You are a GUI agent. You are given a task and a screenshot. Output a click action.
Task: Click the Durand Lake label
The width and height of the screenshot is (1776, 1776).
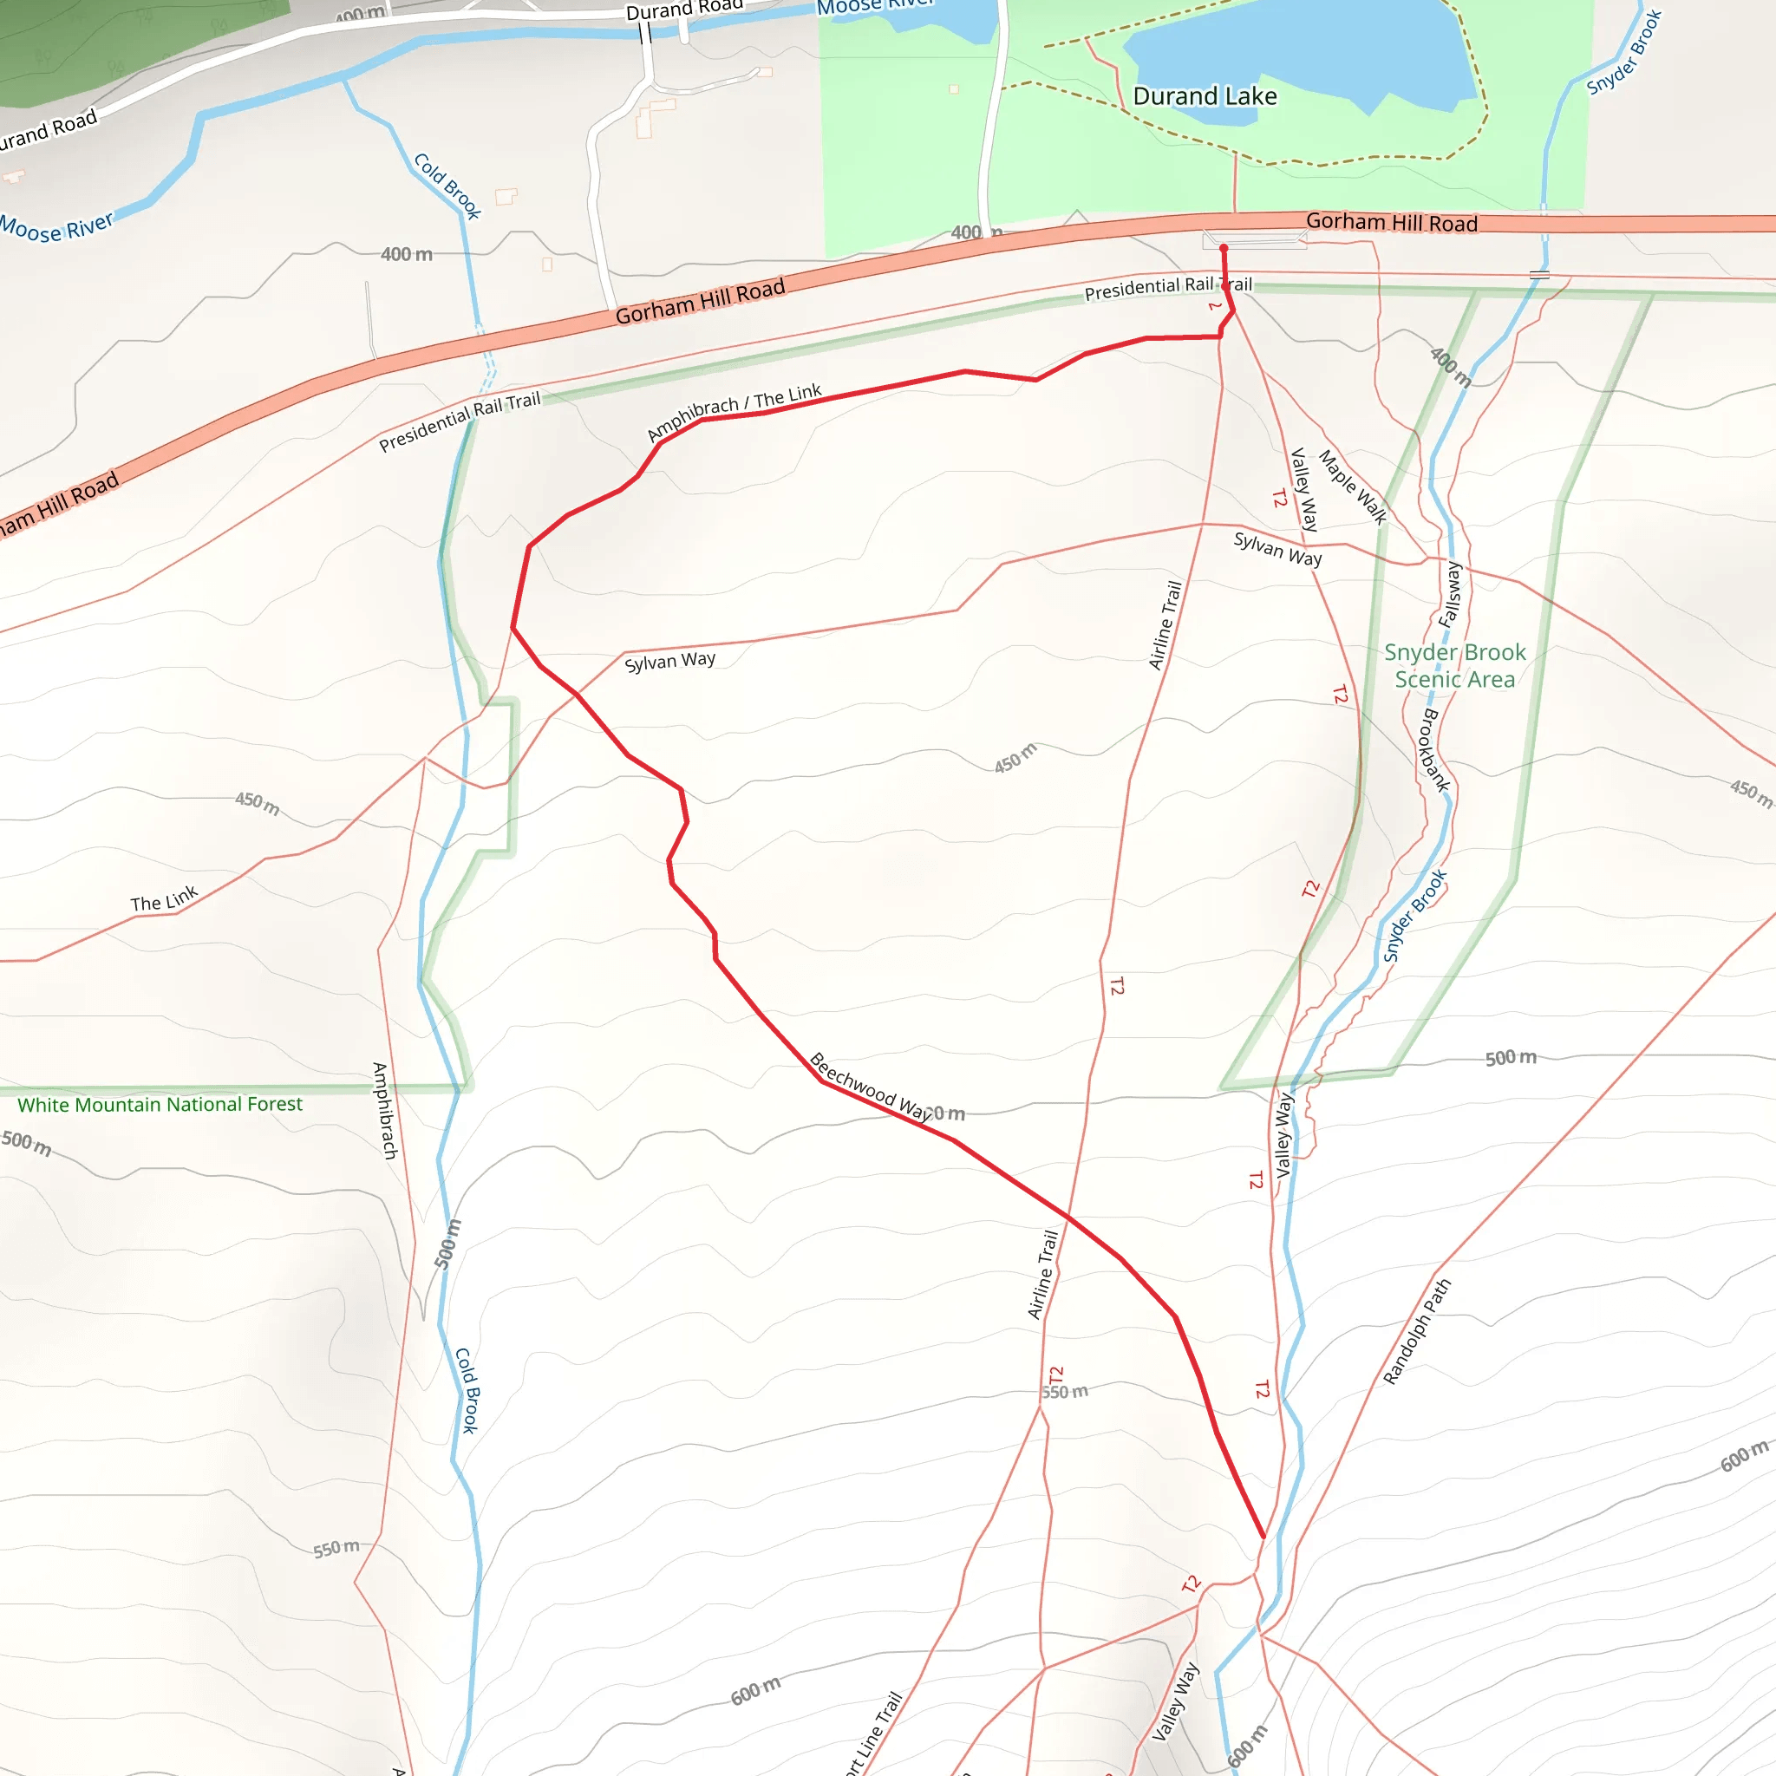pyautogui.click(x=1205, y=96)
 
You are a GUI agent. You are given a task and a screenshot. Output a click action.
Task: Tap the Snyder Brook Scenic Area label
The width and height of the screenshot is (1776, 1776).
pyautogui.click(x=1454, y=665)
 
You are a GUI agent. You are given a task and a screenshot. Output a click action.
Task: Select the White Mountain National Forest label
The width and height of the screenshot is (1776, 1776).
pyautogui.click(x=160, y=1104)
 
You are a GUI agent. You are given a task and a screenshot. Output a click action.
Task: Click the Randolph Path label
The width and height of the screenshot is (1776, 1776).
pyautogui.click(x=1417, y=1331)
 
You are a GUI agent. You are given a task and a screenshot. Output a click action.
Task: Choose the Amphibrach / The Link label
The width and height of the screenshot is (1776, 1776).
pyautogui.click(x=734, y=411)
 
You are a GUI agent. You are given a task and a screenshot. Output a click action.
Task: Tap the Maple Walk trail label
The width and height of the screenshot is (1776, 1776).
pyautogui.click(x=1352, y=486)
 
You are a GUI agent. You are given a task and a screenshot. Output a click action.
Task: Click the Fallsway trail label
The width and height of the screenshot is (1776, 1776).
pyautogui.click(x=1451, y=594)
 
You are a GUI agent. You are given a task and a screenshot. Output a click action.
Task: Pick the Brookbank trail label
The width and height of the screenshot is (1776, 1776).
pyautogui.click(x=1435, y=749)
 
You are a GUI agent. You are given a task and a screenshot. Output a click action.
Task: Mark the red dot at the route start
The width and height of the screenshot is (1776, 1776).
pyautogui.click(x=1224, y=248)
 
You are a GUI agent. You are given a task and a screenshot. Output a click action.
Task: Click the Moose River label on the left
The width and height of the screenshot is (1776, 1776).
pyautogui.click(x=57, y=226)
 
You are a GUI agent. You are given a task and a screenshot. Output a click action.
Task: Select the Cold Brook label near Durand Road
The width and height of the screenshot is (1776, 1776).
pyautogui.click(x=447, y=186)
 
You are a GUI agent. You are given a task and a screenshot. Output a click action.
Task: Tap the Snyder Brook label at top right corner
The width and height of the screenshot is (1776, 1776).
pyautogui.click(x=1624, y=51)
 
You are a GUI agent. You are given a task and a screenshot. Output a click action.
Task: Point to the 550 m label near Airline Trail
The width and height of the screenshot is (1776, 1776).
pyautogui.click(x=1065, y=1392)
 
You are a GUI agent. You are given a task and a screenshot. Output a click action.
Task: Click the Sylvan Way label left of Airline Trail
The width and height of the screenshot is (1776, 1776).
pyautogui.click(x=669, y=661)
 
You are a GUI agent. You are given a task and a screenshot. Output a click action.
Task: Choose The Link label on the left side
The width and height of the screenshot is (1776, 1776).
pyautogui.click(x=164, y=899)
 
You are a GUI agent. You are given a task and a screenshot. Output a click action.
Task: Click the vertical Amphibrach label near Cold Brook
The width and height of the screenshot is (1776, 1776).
pyautogui.click(x=385, y=1109)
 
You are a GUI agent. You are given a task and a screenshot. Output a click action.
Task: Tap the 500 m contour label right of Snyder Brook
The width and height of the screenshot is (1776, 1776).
pyautogui.click(x=1511, y=1057)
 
